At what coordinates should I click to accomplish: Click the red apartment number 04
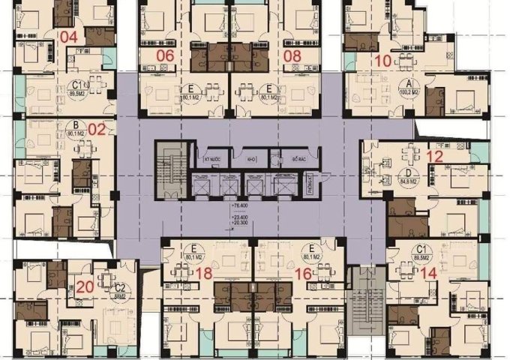pos(69,37)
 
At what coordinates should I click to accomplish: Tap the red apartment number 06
pos(165,55)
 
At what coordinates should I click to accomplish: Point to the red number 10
pos(382,61)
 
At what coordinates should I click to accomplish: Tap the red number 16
pos(303,274)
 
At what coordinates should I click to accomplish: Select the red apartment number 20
pos(85,286)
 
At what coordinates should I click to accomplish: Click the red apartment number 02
pos(97,128)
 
